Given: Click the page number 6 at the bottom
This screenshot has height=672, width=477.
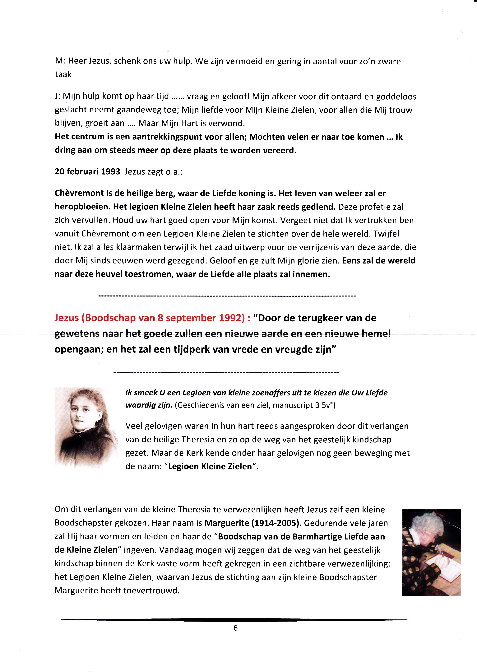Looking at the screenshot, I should (235, 628).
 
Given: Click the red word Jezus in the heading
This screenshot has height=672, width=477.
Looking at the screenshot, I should (67, 318).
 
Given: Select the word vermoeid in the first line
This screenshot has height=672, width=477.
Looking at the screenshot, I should (233, 61).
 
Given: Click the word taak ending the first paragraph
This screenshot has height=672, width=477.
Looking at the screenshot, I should (63, 74).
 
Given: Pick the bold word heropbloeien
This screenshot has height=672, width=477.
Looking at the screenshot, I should (82, 207).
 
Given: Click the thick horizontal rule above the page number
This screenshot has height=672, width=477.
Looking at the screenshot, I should (235, 620).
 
